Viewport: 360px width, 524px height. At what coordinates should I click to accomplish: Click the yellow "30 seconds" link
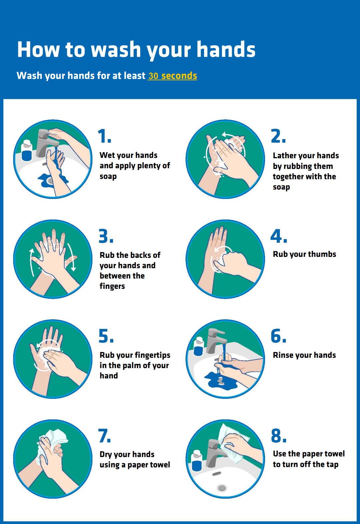pyautogui.click(x=173, y=76)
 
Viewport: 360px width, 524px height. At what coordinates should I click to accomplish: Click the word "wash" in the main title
pyautogui.click(x=116, y=49)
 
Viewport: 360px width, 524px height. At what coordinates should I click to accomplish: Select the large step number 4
pyautogui.click(x=278, y=236)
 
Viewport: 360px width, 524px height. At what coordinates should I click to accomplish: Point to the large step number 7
pyautogui.click(x=104, y=436)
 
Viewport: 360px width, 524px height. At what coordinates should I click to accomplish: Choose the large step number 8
pyautogui.click(x=279, y=435)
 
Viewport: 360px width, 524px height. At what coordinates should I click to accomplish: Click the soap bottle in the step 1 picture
pyautogui.click(x=26, y=151)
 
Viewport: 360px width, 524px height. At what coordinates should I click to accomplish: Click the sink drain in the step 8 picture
pyautogui.click(x=222, y=488)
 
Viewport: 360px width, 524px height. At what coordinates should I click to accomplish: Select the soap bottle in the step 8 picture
pyautogui.click(x=196, y=460)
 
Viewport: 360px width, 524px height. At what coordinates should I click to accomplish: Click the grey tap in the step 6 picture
pyautogui.click(x=216, y=341)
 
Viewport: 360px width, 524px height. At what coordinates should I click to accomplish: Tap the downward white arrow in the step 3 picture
pyautogui.click(x=72, y=257)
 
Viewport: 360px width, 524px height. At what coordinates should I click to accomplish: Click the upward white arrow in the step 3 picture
pyautogui.click(x=32, y=262)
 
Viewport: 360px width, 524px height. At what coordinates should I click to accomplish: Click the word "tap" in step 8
pyautogui.click(x=332, y=464)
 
